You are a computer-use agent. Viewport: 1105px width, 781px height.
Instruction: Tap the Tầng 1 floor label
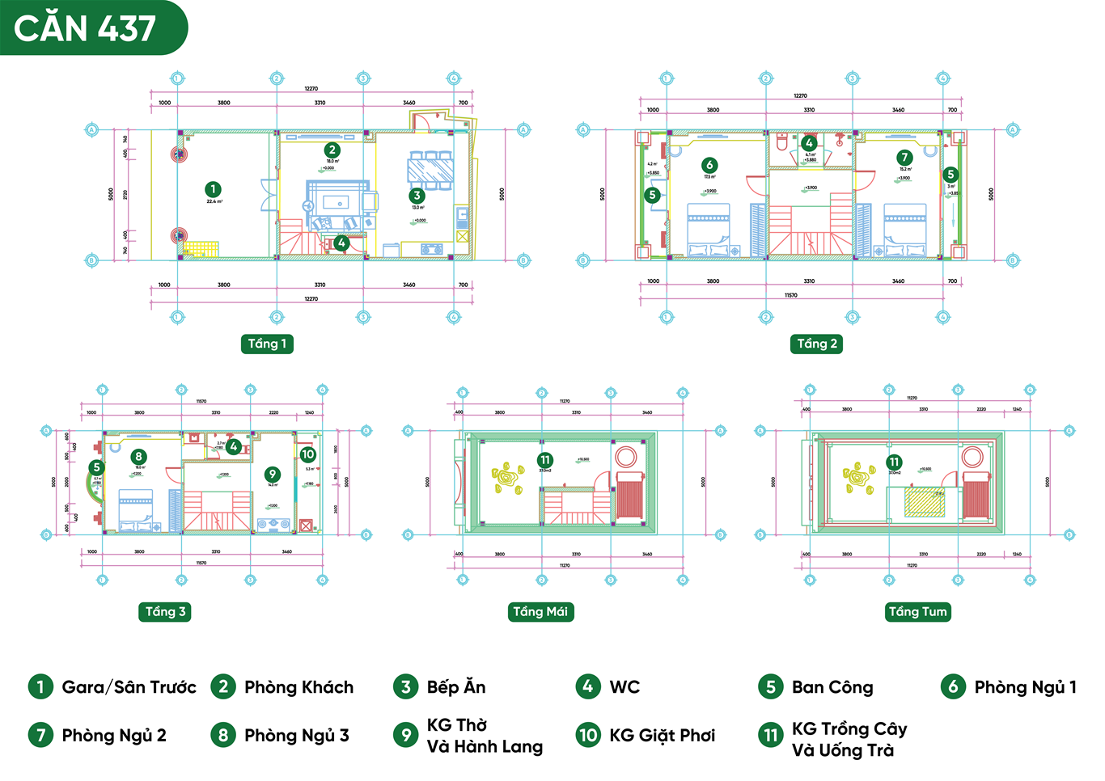[267, 344]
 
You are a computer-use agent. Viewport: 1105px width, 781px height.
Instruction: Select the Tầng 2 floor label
[817, 344]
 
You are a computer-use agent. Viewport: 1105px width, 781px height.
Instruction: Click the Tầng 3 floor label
[166, 611]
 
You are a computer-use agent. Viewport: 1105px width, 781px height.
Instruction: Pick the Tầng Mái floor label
[540, 611]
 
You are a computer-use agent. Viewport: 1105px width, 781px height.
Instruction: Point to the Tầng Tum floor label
[917, 611]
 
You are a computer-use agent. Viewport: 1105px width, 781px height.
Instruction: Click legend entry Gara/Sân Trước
[129, 687]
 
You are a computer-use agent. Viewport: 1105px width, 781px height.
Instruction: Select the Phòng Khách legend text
[298, 687]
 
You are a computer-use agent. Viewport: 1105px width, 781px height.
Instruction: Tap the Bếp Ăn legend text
[456, 687]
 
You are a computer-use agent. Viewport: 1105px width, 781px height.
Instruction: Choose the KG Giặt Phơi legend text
[662, 735]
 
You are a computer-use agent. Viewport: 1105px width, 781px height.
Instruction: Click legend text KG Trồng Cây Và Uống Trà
[849, 739]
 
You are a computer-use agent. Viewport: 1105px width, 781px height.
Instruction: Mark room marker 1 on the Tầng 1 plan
[213, 190]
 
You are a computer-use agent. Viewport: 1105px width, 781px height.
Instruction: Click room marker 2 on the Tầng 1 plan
[332, 150]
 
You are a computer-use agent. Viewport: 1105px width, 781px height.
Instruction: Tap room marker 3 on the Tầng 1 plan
[417, 195]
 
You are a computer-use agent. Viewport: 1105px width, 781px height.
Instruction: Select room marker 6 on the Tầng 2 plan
[709, 165]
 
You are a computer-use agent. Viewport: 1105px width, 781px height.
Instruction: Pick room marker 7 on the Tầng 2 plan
[904, 158]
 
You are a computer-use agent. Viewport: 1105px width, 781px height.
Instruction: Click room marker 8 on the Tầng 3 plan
[139, 457]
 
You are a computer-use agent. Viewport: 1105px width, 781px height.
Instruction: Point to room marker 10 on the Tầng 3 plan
[308, 454]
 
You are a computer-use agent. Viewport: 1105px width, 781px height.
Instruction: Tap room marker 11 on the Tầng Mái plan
[544, 460]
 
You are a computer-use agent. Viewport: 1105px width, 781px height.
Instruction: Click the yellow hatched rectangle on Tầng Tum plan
[925, 502]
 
